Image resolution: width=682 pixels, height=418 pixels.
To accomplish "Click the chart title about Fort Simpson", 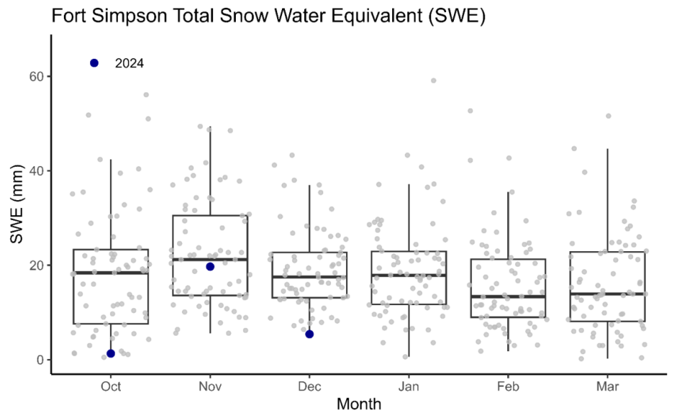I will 268,17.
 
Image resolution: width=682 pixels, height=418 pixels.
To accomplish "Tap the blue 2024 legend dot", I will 94,63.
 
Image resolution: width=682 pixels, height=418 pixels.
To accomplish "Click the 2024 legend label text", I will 129,63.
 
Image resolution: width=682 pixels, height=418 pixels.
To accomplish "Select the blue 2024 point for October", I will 111,353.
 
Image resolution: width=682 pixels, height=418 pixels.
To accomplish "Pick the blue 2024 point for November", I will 210,266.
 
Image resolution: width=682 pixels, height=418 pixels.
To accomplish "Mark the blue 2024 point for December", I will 309,334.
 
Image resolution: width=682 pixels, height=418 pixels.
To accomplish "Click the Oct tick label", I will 111,386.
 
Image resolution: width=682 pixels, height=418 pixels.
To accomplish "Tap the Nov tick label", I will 210,386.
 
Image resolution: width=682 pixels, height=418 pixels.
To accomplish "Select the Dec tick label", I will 310,386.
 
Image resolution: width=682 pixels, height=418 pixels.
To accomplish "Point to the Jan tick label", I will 408,386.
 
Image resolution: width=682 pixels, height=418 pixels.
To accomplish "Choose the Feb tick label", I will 508,386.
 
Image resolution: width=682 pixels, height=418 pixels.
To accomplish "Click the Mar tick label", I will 607,386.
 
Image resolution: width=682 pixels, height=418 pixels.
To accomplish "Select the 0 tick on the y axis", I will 40,360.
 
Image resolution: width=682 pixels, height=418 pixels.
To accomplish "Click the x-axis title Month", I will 359,405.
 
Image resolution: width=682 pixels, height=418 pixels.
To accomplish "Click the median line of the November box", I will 210,259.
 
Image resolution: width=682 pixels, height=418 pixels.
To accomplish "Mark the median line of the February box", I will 508,296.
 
